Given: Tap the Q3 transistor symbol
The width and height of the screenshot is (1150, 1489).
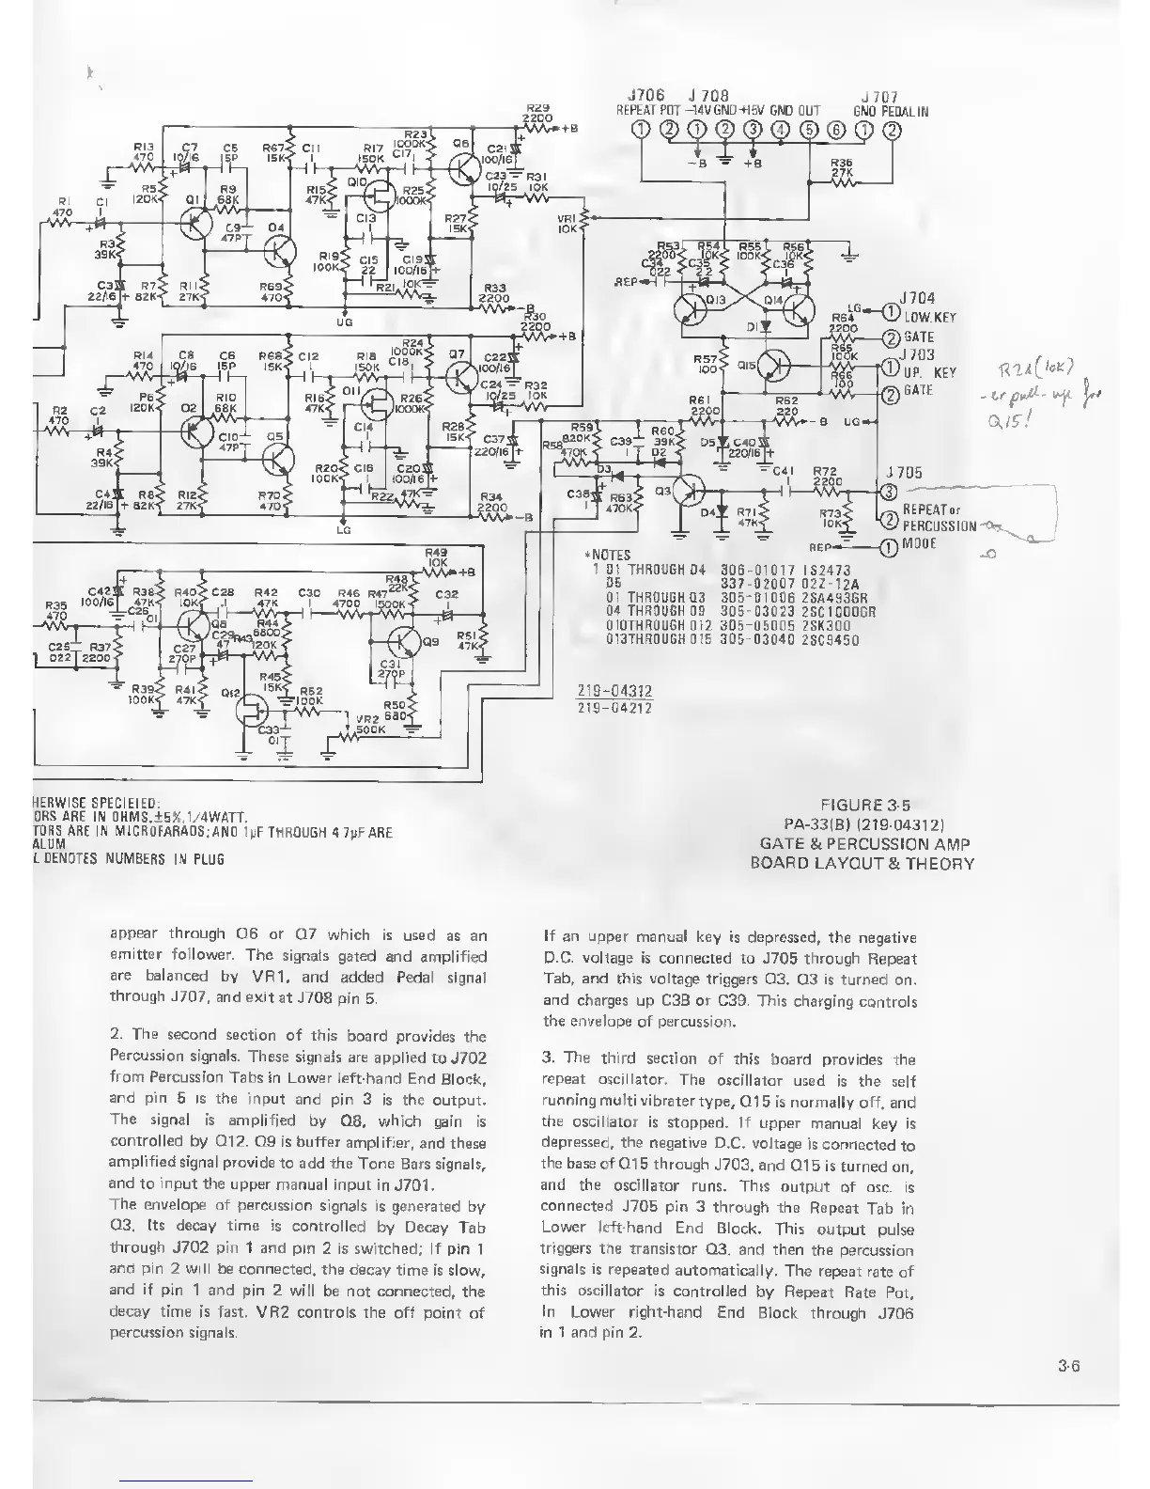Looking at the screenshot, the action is coord(691,490).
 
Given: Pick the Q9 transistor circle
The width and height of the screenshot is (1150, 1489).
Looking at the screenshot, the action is coord(407,641).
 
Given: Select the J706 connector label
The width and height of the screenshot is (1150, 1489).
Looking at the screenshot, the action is coord(645,96).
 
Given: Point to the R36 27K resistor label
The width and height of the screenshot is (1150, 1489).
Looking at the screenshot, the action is coord(842,166).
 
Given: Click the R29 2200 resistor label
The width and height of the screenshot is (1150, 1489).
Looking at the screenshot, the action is coord(537,114).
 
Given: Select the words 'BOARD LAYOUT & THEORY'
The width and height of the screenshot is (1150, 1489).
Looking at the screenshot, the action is coord(862,863).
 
